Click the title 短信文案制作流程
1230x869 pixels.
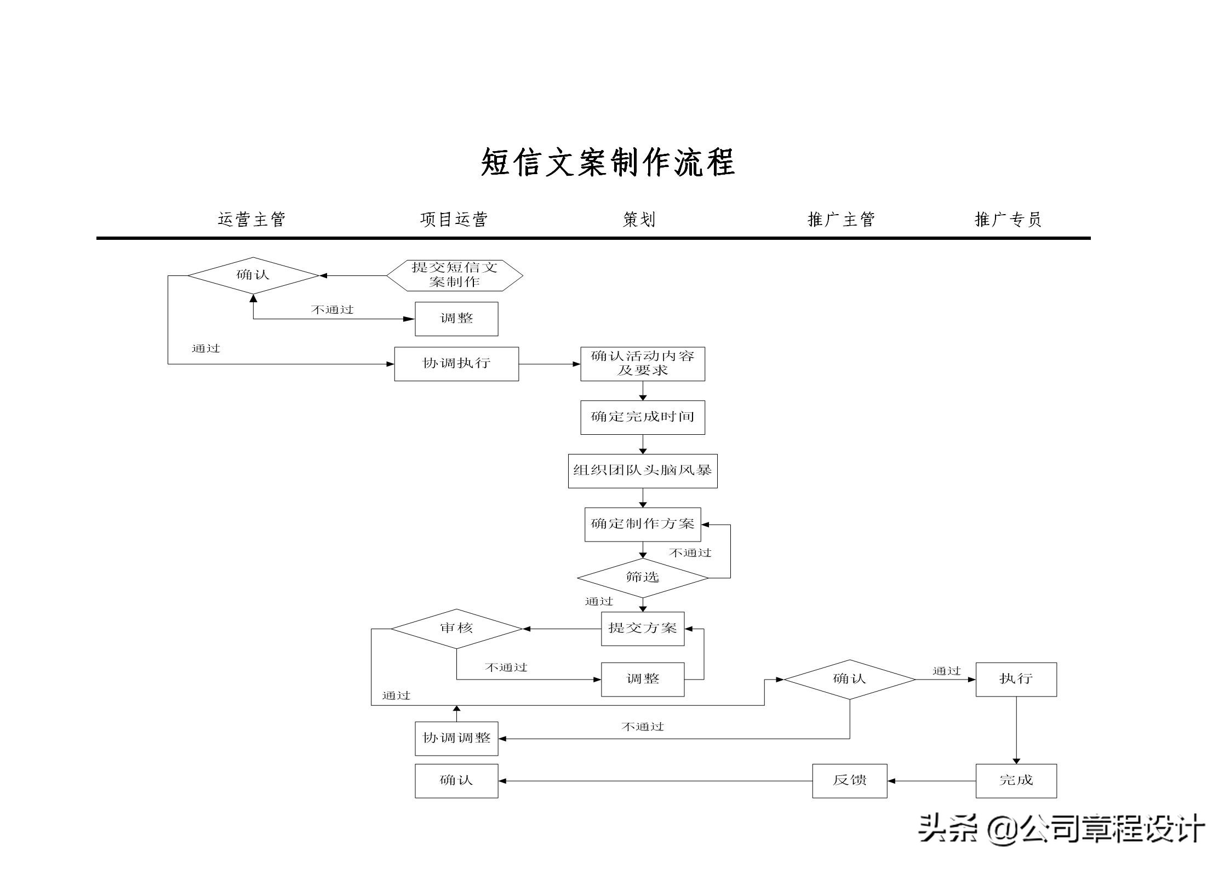[608, 163]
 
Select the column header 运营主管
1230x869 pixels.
[251, 220]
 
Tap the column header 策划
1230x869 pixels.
[639, 220]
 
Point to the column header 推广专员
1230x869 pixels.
[1008, 220]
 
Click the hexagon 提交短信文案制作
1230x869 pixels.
[455, 275]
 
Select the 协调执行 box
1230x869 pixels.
[456, 364]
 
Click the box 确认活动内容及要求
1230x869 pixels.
[643, 364]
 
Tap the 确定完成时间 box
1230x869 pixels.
[643, 417]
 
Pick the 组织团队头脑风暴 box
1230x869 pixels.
[643, 471]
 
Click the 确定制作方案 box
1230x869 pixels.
[643, 525]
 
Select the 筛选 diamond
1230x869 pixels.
[643, 578]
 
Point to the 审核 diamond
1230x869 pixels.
[456, 629]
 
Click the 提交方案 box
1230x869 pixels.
[643, 629]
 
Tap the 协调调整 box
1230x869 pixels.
[456, 739]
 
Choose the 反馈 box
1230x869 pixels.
[849, 781]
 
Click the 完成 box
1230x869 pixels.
[1016, 781]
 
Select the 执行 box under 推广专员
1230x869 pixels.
[1016, 680]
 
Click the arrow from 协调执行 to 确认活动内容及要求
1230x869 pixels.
[550, 364]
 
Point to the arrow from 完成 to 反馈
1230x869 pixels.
[931, 781]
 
